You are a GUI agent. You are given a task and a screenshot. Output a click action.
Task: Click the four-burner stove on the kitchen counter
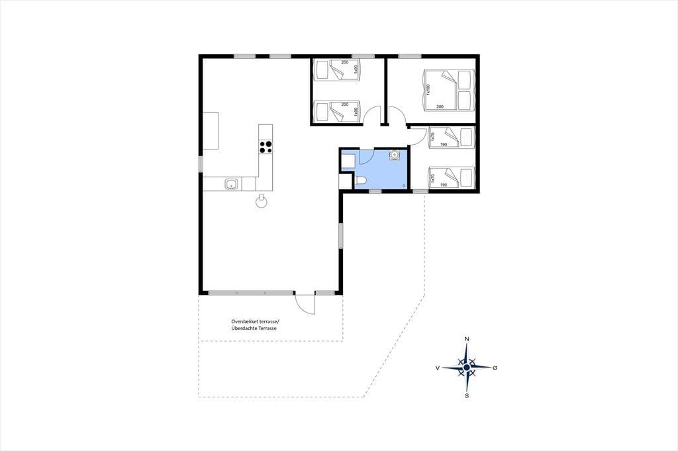(x=266, y=147)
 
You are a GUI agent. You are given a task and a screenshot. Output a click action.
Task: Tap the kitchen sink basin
(x=231, y=184)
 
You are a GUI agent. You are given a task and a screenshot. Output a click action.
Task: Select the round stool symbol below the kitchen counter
(x=261, y=202)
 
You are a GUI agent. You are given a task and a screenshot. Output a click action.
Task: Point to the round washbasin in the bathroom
(x=395, y=155)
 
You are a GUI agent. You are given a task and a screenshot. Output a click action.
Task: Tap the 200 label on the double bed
(x=440, y=106)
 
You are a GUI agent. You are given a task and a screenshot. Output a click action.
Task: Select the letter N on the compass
(x=467, y=339)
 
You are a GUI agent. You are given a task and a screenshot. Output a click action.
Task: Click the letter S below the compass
(x=467, y=395)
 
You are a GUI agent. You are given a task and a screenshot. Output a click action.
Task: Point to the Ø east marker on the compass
(x=495, y=368)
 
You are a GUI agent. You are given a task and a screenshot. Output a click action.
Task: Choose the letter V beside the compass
(x=438, y=368)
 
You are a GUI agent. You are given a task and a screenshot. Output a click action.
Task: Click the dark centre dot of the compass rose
(x=467, y=368)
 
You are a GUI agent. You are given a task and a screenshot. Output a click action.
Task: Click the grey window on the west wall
(x=201, y=164)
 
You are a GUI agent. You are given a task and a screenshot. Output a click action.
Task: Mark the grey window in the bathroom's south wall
(x=375, y=191)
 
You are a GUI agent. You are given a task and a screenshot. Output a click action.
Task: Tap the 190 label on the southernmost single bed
(x=443, y=185)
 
